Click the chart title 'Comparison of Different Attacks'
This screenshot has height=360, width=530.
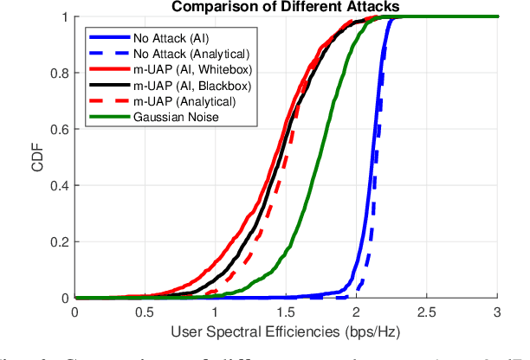(x=287, y=7)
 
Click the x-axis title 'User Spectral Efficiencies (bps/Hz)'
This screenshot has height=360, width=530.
(x=287, y=330)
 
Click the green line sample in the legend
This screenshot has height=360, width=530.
(x=107, y=117)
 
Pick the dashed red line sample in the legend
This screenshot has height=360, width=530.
(x=107, y=101)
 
